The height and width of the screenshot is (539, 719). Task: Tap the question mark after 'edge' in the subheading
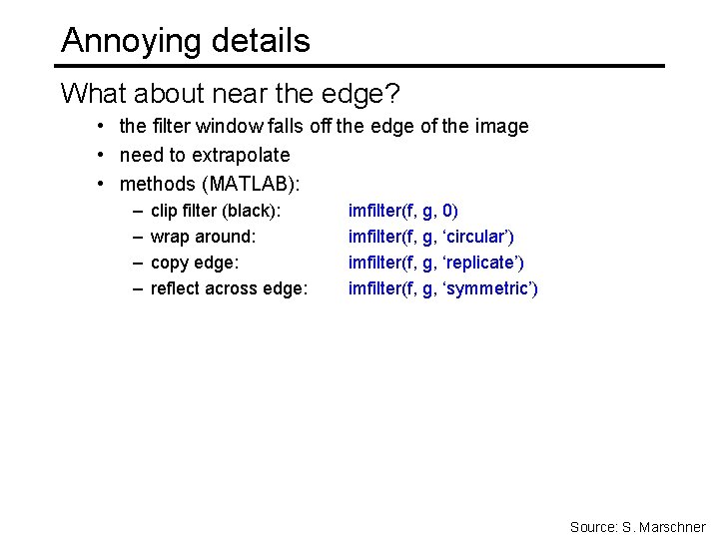point(392,94)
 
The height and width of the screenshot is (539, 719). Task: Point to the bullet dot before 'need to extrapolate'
point(103,155)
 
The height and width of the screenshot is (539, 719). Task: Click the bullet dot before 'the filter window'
point(103,127)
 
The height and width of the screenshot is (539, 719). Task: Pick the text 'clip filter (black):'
point(216,211)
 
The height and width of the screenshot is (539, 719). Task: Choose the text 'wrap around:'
point(203,237)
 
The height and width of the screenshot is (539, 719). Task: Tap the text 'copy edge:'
point(195,263)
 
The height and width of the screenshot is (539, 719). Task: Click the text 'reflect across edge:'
point(229,288)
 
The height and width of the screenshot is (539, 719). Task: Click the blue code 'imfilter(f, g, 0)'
point(403,211)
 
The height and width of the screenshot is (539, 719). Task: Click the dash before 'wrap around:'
point(136,237)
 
